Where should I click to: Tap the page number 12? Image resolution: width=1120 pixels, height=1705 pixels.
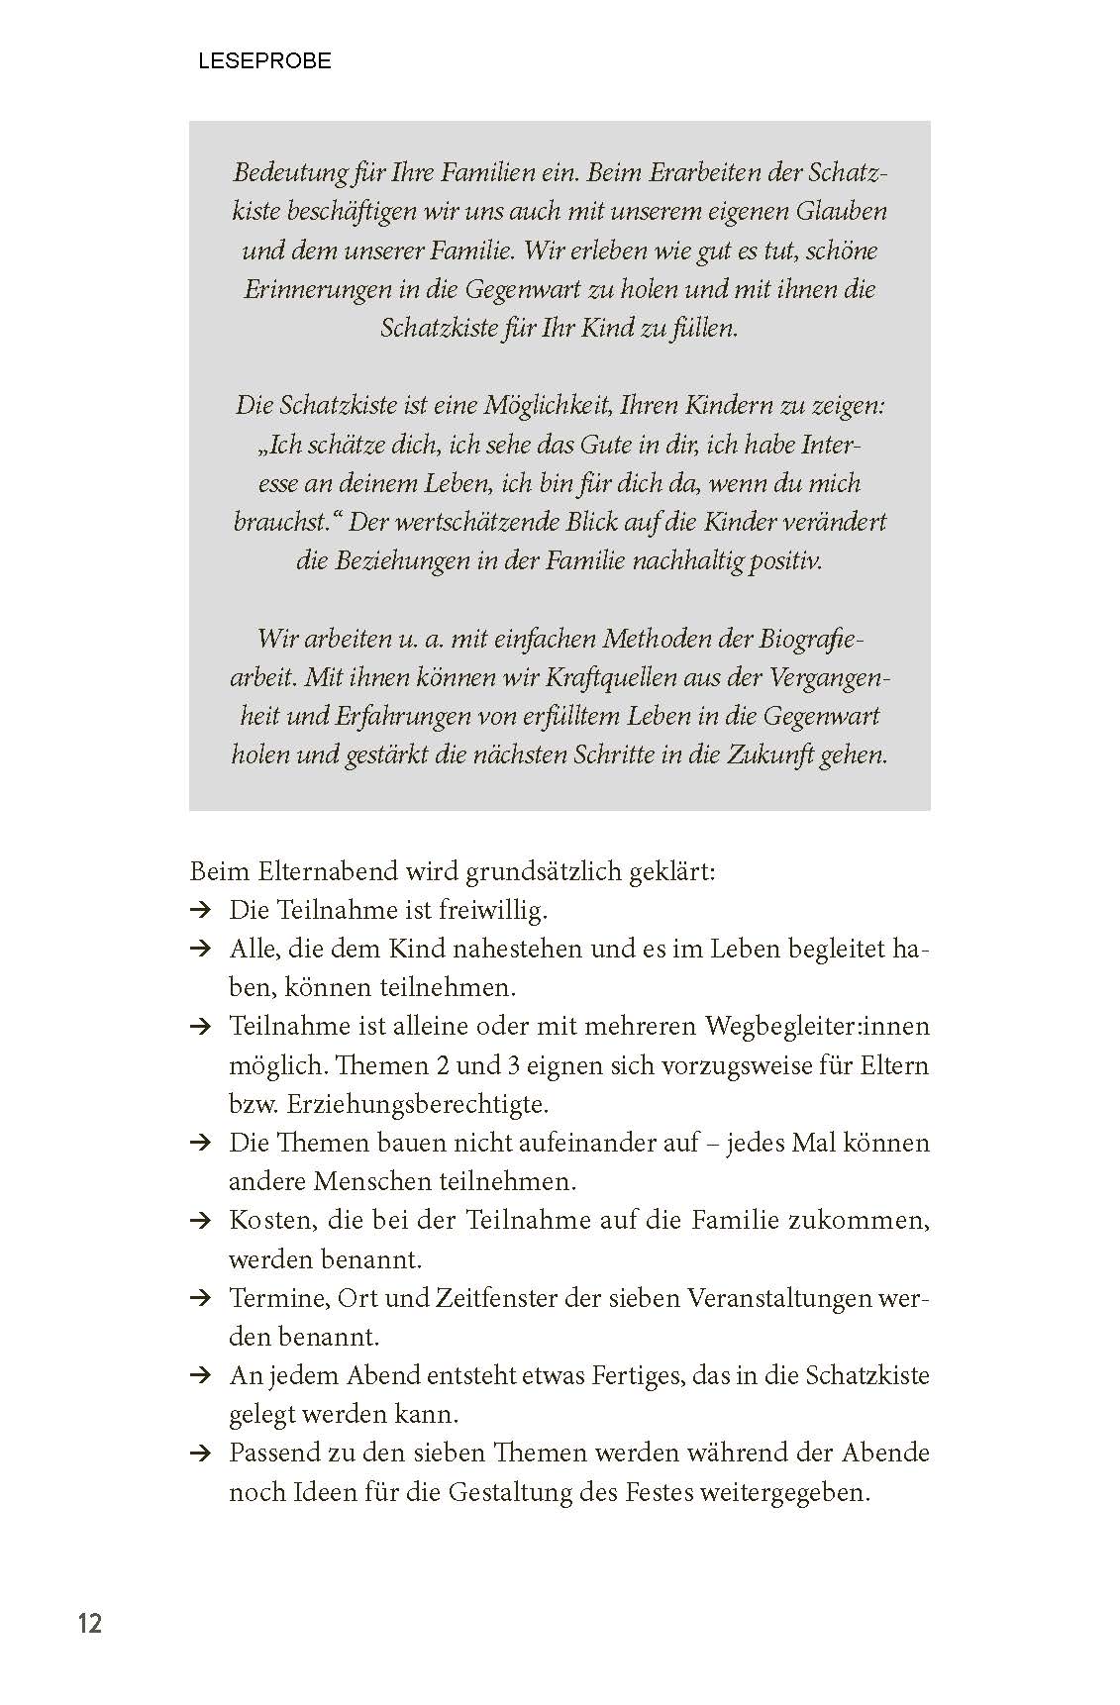point(90,1624)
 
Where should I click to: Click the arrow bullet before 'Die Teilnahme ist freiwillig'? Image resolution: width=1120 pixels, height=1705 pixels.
point(200,911)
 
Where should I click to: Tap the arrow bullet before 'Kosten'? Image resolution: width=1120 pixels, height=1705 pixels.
point(200,1221)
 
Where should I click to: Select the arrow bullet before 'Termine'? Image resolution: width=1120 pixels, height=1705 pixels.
point(200,1298)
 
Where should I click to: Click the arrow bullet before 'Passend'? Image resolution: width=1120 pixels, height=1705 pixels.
point(200,1454)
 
